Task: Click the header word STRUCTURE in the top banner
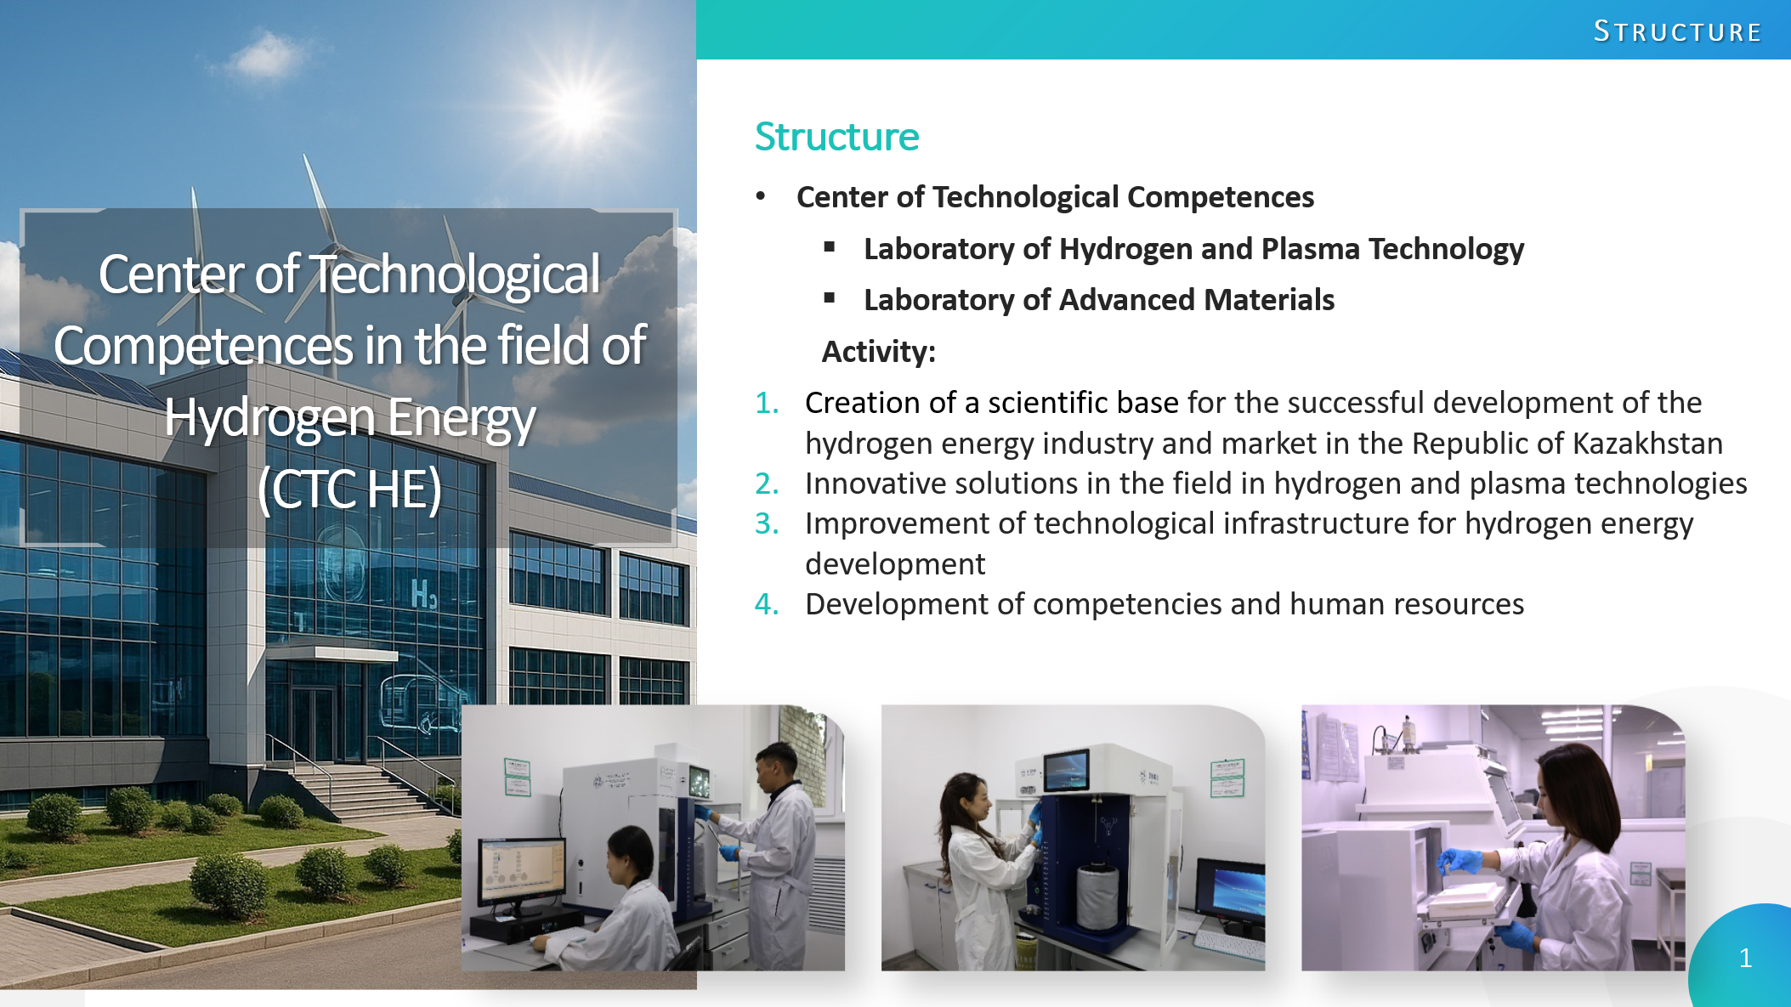1677,31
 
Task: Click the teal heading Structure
836,137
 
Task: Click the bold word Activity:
878,351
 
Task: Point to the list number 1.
767,403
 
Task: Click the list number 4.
767,604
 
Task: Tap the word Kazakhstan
1647,444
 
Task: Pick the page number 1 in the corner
1745,959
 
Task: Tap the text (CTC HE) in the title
349,489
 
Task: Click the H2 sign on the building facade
423,595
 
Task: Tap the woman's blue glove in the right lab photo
1460,862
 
